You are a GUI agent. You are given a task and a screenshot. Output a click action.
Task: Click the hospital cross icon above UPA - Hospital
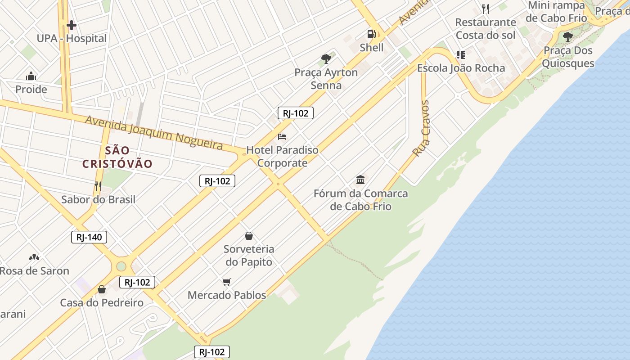click(x=71, y=25)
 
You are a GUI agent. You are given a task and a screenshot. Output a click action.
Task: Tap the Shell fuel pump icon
click(x=371, y=34)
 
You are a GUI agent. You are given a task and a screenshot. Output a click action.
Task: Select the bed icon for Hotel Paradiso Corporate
click(x=282, y=136)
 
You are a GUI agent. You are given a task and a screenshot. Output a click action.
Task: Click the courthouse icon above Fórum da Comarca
click(x=360, y=180)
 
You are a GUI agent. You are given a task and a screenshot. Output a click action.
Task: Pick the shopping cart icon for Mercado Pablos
click(x=226, y=282)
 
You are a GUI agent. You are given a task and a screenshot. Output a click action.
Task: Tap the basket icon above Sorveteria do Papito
click(x=248, y=235)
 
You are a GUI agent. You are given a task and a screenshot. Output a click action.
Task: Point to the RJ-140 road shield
click(x=89, y=237)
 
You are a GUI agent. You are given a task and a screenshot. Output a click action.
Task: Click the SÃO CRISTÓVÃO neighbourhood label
click(x=117, y=157)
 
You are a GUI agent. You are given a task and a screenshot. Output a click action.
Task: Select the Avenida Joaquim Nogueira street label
click(x=153, y=132)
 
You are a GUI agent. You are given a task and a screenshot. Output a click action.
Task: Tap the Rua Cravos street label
click(x=421, y=129)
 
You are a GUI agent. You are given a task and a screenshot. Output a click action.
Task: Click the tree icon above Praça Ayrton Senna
click(x=326, y=58)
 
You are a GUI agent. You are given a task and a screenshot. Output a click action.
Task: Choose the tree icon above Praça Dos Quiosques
click(x=568, y=36)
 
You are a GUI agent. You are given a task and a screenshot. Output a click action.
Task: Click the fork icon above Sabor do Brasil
click(x=98, y=186)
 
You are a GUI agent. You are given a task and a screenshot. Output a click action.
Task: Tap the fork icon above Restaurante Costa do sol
click(x=485, y=9)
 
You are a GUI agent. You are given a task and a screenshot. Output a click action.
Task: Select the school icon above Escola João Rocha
click(x=460, y=55)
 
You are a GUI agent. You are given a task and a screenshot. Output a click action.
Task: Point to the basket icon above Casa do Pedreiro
click(x=102, y=289)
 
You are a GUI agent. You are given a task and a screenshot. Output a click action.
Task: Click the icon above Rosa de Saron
click(x=34, y=257)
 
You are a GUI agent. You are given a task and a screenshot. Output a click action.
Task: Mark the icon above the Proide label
click(x=31, y=76)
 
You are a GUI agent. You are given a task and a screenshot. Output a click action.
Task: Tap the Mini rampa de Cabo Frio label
click(x=557, y=12)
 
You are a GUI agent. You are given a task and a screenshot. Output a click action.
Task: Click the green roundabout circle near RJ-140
click(x=121, y=266)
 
